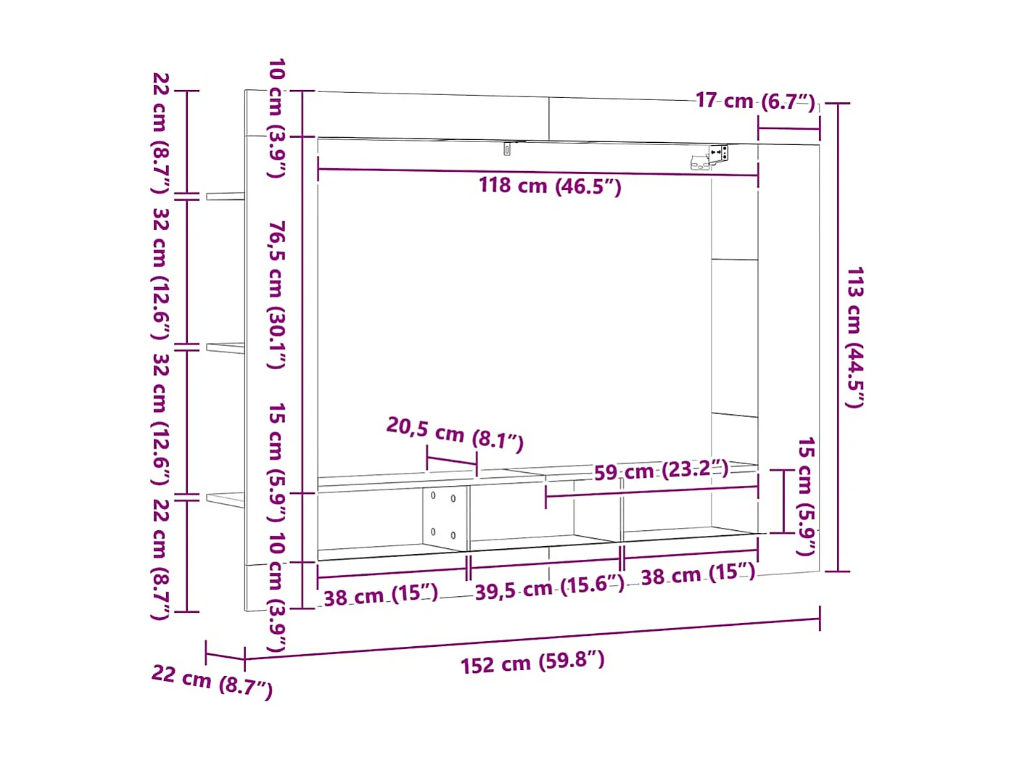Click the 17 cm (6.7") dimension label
pos(755,101)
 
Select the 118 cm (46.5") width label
pos(550,186)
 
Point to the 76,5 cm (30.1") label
pos(276,294)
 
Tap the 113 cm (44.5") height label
pos(854,337)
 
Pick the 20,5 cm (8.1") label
pos(455,434)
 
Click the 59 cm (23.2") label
pos(661,471)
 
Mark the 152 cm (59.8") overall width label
pos(532,662)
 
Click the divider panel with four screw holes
pos(444,518)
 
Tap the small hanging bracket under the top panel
pos(508,149)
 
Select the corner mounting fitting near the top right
pos(710,157)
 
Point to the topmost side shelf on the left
pos(225,197)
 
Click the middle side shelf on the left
pos(225,348)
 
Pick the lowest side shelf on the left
pos(225,500)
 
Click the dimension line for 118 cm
pos(537,172)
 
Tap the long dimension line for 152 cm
pos(532,639)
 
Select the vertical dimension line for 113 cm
pos(838,337)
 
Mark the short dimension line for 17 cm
pos(789,128)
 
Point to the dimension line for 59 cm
pos(652,491)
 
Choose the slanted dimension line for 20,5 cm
pos(452,460)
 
